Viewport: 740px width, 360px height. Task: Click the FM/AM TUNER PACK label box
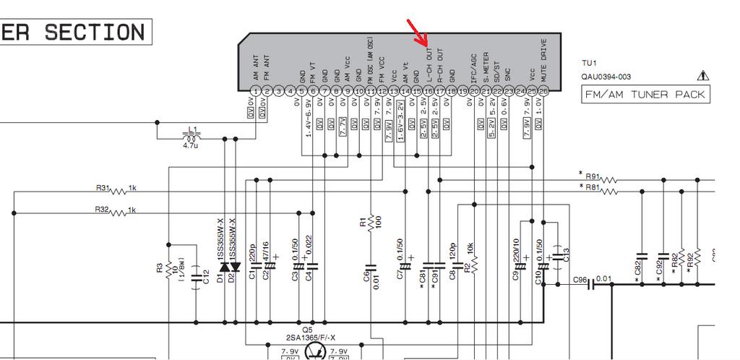[645, 95]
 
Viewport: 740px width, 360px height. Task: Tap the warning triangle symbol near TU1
[703, 75]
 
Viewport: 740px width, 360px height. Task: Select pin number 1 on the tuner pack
[255, 91]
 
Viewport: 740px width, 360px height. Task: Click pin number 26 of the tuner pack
[543, 91]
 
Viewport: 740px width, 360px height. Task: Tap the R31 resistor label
[103, 188]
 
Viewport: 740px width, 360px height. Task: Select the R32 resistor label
[102, 210]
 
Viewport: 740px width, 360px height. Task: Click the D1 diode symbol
[224, 267]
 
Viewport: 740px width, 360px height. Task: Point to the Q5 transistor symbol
[315, 351]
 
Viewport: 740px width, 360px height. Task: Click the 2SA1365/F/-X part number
[309, 338]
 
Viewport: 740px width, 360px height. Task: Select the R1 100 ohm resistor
[370, 223]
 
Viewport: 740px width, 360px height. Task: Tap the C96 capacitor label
[580, 279]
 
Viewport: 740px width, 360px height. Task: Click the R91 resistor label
[593, 176]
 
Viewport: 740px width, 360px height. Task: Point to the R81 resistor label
[593, 188]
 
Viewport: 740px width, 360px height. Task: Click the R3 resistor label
[160, 268]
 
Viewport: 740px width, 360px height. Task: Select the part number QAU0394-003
[606, 77]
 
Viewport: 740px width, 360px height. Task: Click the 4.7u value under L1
[191, 147]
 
